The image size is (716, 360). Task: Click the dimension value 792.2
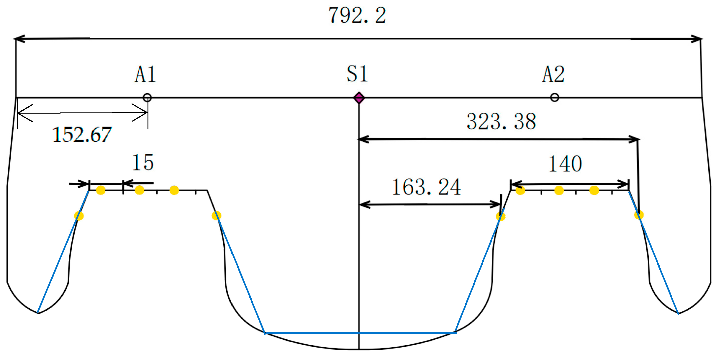[357, 15]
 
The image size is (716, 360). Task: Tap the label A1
[145, 74]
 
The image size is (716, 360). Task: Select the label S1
[357, 74]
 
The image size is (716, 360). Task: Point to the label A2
[553, 74]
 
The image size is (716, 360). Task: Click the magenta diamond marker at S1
[359, 98]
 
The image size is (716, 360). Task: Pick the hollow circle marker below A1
[147, 98]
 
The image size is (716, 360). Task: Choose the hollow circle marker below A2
[555, 97]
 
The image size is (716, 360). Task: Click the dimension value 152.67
[82, 135]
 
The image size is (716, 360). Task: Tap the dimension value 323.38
[501, 121]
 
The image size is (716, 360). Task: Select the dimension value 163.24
[426, 187]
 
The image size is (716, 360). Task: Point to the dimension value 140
[565, 164]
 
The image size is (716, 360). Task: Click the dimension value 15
[143, 163]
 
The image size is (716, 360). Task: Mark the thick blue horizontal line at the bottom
[361, 333]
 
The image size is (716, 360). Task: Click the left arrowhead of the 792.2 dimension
[18, 39]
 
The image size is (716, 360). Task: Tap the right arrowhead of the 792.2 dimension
[698, 39]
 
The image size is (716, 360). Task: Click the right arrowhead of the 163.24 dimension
[497, 204]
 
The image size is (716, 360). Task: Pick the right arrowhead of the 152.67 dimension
[143, 112]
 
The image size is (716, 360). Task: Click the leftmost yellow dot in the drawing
[79, 216]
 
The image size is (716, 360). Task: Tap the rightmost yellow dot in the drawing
[639, 215]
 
